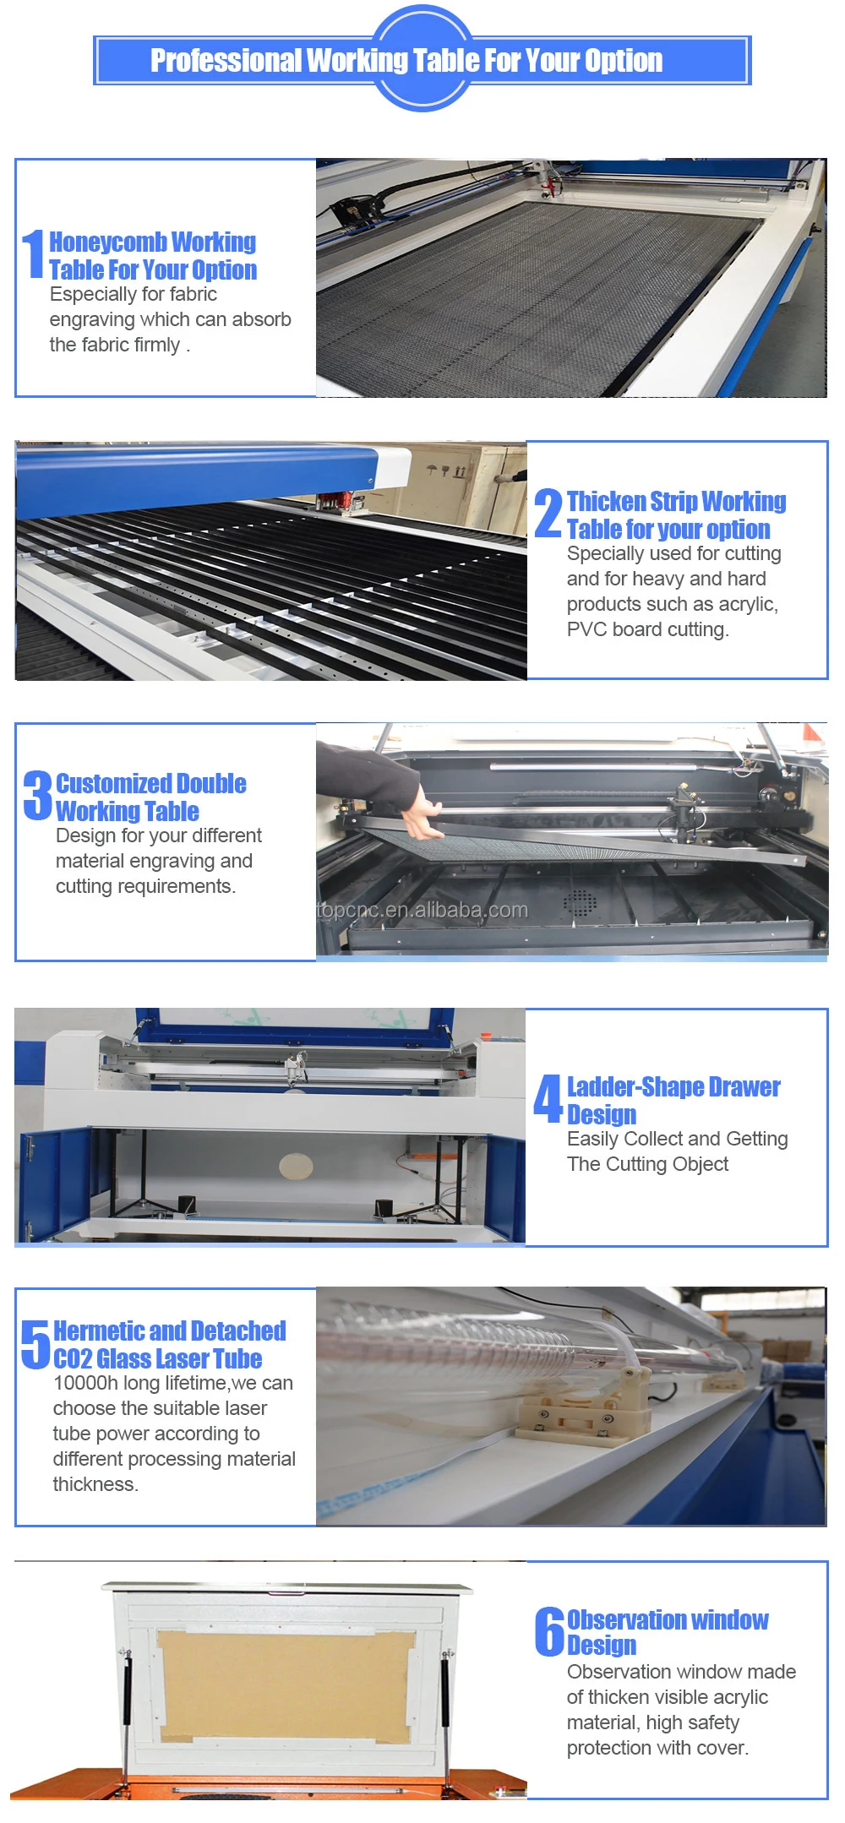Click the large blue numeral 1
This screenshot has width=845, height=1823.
coord(33,254)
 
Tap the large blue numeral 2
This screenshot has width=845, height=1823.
coord(548,514)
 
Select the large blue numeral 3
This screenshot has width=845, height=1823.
coord(37,795)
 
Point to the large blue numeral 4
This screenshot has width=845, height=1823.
coord(548,1098)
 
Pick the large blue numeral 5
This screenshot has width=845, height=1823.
coord(35,1343)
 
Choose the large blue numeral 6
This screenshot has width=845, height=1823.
coord(549,1631)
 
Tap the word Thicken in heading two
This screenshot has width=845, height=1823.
coord(606,502)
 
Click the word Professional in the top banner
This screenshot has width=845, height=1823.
coord(226,61)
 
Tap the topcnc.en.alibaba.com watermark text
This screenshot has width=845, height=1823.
coord(422,910)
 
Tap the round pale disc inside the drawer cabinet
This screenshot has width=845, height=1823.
coord(296,1167)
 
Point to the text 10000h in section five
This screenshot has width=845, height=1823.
coord(85,1384)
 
